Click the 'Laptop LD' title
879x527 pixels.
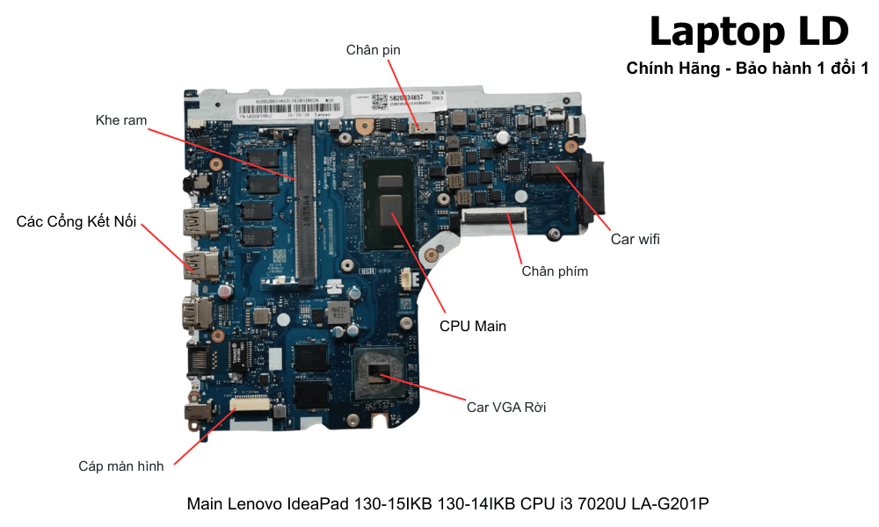(748, 32)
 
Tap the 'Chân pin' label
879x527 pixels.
(373, 50)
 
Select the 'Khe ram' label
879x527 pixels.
(121, 120)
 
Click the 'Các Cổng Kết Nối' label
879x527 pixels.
(76, 221)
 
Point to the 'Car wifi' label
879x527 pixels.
(635, 239)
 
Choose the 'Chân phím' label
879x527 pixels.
(555, 271)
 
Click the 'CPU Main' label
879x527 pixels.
(473, 326)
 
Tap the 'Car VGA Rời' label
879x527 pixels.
(506, 407)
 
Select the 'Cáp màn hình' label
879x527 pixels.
(121, 466)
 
